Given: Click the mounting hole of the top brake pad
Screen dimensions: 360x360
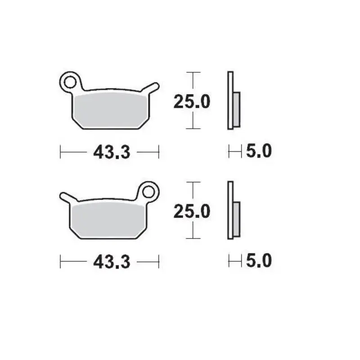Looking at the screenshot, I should tap(69, 82).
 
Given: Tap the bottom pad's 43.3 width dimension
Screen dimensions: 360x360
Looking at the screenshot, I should tap(112, 261).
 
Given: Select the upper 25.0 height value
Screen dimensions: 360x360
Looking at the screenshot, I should tap(192, 102).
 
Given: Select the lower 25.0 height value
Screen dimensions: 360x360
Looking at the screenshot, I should tap(192, 211).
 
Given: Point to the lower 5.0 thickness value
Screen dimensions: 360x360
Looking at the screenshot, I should tap(259, 261).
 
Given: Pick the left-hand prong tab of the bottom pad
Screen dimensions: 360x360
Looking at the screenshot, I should tap(66, 197).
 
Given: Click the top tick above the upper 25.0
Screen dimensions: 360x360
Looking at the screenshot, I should tap(193, 72).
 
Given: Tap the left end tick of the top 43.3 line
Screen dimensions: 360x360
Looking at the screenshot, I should tap(61, 152).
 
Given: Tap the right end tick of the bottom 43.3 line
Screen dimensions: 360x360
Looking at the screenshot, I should tap(159, 261).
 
